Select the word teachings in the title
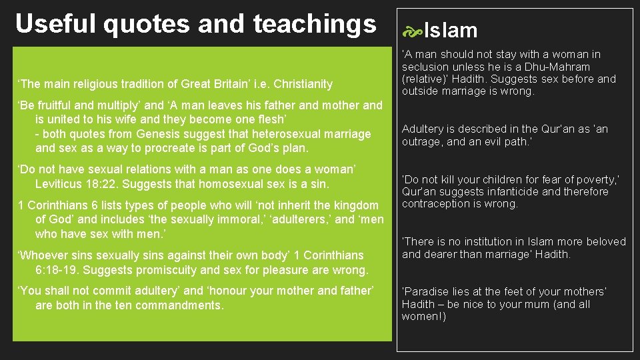[315, 23]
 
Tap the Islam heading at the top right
[451, 31]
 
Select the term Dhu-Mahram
[556, 67]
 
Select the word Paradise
[427, 291]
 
